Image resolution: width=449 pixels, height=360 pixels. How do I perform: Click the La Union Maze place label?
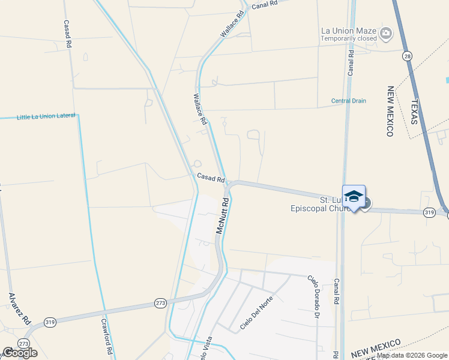[x=348, y=31]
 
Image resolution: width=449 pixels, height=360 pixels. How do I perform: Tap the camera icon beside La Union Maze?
[x=386, y=33]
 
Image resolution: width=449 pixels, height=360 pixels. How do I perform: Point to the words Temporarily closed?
[x=349, y=38]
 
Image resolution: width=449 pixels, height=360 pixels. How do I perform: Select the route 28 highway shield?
[x=408, y=56]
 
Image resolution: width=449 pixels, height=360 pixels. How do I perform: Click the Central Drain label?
[x=348, y=101]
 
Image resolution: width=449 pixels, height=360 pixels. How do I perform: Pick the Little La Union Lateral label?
[x=46, y=116]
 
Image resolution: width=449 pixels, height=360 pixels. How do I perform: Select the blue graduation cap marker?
[x=354, y=197]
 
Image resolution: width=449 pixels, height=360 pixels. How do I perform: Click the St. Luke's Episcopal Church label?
[x=324, y=204]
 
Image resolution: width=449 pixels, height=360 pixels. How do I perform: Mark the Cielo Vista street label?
[x=206, y=350]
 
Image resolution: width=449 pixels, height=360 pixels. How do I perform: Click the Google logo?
[x=20, y=353]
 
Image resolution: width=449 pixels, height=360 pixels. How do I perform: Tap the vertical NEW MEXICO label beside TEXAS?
[x=390, y=111]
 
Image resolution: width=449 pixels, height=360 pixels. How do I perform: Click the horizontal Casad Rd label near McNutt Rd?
[x=211, y=178]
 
